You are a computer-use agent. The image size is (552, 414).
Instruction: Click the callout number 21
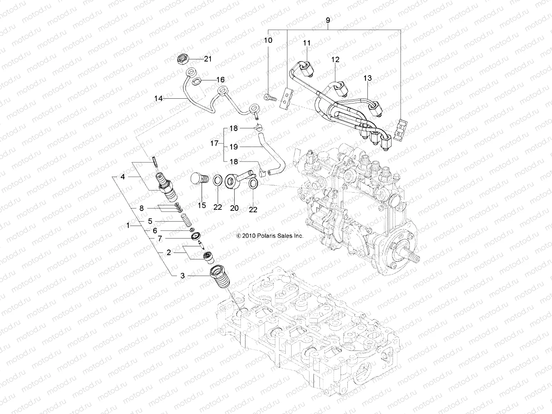[207, 59]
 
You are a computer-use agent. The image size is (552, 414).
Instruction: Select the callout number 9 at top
[328, 21]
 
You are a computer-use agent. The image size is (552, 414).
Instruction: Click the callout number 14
[158, 99]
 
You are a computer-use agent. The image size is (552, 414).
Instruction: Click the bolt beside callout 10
[270, 98]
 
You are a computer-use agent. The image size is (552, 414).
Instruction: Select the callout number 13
[367, 78]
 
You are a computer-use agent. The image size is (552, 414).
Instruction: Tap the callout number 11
[307, 43]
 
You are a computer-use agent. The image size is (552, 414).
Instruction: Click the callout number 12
[335, 59]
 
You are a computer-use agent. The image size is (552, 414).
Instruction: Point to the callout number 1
[128, 225]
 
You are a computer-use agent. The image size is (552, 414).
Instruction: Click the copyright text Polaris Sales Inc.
[270, 236]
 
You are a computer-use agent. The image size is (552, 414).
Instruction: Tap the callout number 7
[160, 238]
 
